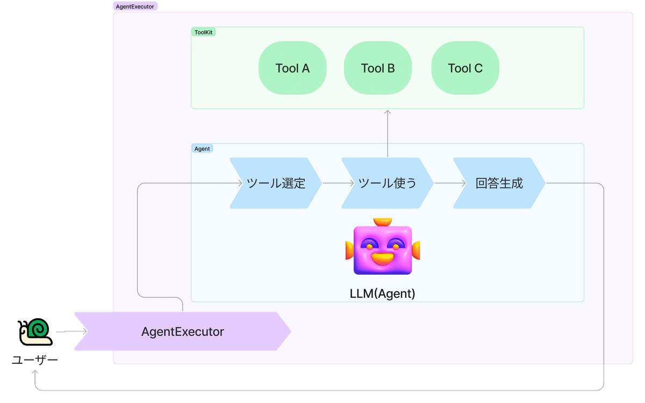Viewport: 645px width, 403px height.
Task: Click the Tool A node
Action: point(292,68)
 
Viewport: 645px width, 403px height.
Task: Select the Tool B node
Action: point(378,68)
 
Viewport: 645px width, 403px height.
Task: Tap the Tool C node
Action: point(465,68)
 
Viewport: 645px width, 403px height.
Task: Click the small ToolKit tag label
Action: point(203,32)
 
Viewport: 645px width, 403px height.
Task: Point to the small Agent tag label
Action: point(202,149)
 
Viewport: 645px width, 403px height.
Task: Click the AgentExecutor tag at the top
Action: point(135,6)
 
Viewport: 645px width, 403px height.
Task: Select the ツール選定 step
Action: point(276,183)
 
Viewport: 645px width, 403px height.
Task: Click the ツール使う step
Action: point(388,183)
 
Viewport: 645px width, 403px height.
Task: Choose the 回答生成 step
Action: point(499,183)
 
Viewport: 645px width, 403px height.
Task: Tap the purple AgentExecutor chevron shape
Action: point(183,332)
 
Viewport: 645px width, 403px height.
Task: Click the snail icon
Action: point(35,332)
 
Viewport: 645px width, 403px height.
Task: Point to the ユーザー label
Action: point(35,360)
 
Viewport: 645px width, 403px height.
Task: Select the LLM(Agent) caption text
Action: point(382,294)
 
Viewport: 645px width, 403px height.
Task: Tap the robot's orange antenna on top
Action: point(383,222)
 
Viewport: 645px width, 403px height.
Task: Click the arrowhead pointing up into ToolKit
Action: point(388,112)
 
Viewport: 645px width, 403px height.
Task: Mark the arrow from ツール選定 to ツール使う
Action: point(338,183)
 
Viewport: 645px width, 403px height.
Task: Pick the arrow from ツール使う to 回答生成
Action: point(450,183)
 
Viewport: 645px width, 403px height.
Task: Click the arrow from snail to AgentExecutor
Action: point(71,332)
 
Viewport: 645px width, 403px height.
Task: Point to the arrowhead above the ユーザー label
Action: point(35,372)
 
